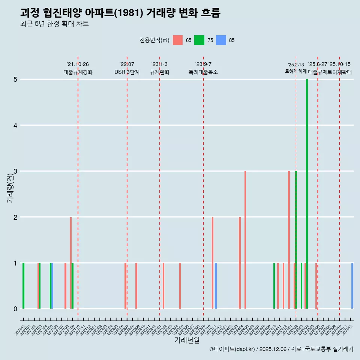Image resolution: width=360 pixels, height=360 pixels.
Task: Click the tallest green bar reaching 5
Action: pos(307,194)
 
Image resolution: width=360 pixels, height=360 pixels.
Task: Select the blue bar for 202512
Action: pos(352,286)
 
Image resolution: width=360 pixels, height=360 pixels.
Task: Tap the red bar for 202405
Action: pos(245,240)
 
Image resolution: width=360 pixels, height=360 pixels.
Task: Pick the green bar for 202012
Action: pos(23,286)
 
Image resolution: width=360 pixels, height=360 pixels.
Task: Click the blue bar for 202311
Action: pos(216,286)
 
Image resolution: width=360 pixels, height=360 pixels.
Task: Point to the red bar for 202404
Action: pos(240,263)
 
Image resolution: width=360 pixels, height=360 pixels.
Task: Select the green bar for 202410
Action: pos(274,286)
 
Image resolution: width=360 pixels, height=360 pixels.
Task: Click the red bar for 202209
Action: pos(136,286)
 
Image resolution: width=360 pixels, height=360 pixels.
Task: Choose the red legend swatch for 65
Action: pos(178,40)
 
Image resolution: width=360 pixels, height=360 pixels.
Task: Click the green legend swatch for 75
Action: pos(199,40)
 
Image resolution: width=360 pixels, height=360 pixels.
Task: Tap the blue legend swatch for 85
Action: pos(221,40)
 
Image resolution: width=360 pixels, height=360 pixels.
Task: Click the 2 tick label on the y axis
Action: pos(16,217)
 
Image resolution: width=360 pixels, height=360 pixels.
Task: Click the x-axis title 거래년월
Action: pos(187,340)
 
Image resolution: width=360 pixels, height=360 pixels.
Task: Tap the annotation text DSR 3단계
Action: pos(127,72)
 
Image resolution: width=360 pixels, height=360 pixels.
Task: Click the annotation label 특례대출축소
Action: pos(203,72)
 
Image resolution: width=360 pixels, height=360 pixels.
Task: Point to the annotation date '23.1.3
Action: pos(159,64)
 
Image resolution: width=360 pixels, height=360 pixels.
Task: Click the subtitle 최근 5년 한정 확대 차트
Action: pos(54,24)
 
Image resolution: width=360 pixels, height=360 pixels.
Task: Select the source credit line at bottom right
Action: pos(281,349)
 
